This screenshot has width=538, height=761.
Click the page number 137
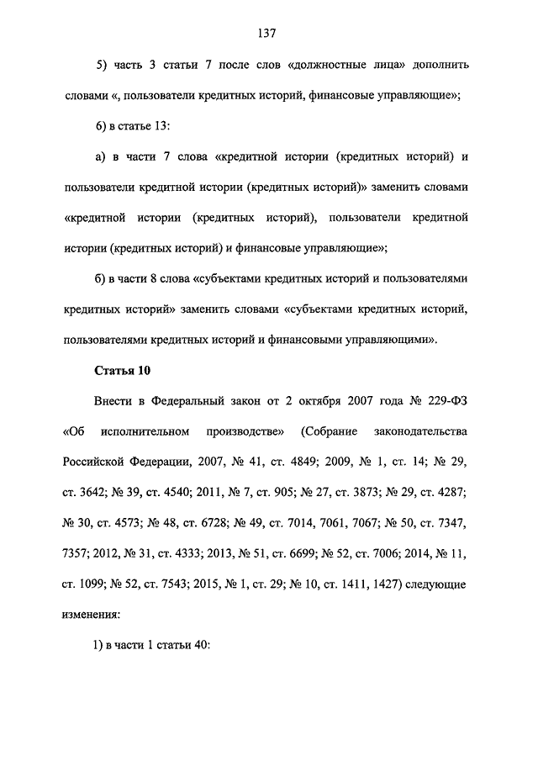[x=268, y=34]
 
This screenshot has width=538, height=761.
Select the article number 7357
[x=77, y=553]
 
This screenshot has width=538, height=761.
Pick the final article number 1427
[x=377, y=584]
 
